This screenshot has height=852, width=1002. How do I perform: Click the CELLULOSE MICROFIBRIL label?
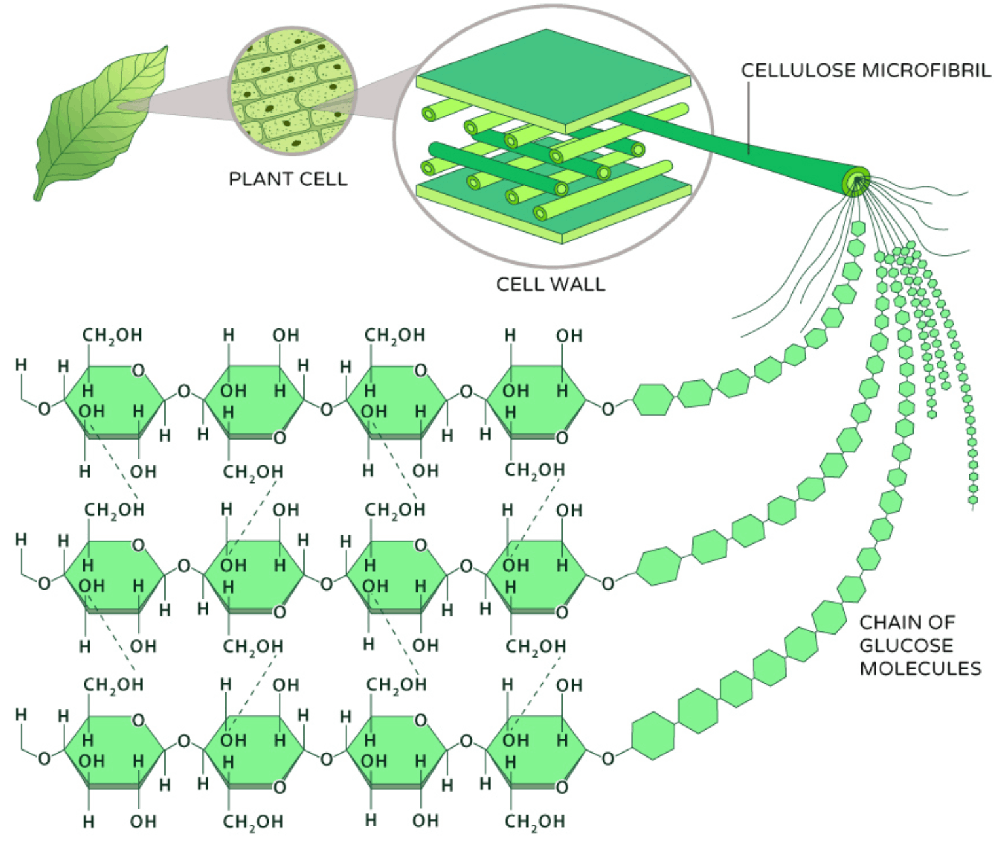865,71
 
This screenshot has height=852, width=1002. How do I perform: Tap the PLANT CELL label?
288,179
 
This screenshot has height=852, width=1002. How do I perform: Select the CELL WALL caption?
550,284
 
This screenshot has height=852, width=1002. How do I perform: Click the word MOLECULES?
920,669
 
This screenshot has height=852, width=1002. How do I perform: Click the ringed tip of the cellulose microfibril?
856,181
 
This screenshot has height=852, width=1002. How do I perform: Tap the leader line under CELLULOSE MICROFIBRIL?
749,118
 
